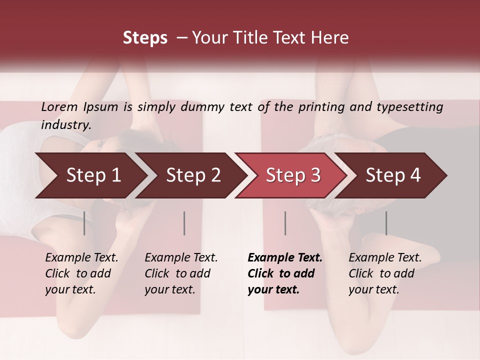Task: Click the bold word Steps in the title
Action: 145,38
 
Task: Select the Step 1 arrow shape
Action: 90,175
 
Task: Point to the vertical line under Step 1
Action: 84,223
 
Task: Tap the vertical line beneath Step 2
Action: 184,223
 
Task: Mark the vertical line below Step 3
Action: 285,223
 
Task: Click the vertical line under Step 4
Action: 386,223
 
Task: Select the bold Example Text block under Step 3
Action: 284,273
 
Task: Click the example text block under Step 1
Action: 81,273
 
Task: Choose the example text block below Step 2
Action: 181,273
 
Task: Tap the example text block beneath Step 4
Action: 385,273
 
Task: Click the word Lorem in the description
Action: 59,107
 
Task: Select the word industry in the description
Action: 66,125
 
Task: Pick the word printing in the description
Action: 320,107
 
